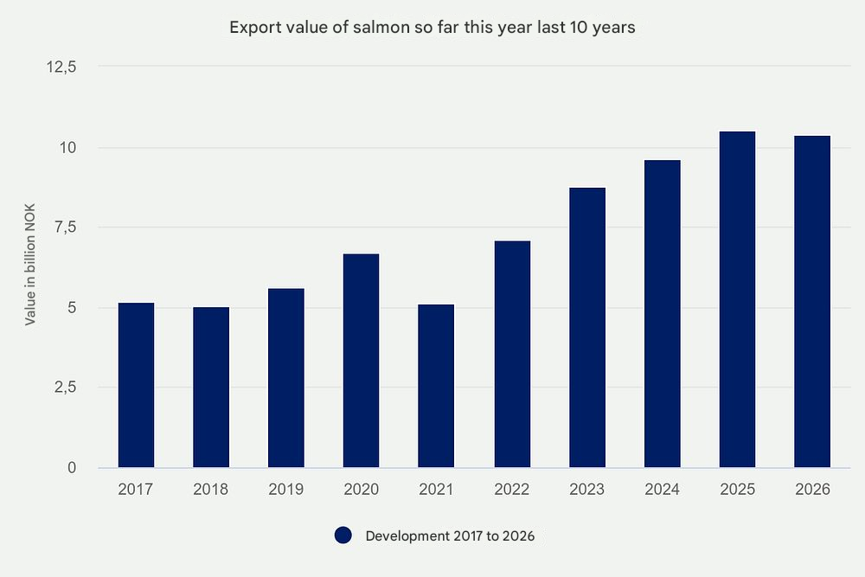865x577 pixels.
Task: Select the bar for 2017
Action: click(x=136, y=385)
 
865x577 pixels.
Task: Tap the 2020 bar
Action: click(x=361, y=361)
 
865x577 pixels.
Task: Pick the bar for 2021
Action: click(x=436, y=386)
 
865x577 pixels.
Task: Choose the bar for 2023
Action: click(x=586, y=328)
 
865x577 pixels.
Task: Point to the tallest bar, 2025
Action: click(x=737, y=299)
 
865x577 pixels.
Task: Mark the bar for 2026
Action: click(x=812, y=302)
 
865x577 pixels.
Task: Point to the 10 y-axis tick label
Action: click(x=68, y=148)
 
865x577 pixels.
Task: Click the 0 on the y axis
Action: click(x=72, y=468)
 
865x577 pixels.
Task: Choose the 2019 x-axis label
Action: click(x=286, y=490)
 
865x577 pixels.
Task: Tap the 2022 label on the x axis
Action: click(x=511, y=490)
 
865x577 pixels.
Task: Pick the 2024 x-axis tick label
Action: click(x=662, y=490)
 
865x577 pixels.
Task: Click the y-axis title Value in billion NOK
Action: click(x=30, y=266)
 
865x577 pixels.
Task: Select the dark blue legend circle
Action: click(x=343, y=535)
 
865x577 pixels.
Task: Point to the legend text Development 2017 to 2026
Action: click(x=450, y=536)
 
